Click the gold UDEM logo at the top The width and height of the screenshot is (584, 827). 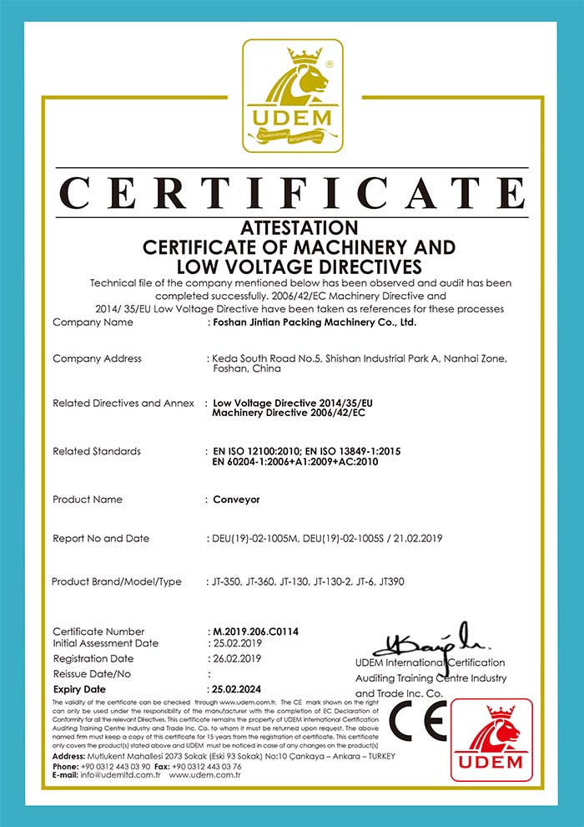tap(292, 96)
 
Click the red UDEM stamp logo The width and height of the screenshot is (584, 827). tap(498, 740)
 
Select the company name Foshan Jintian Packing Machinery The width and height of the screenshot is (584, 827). tap(314, 322)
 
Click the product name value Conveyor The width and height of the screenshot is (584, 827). tap(237, 500)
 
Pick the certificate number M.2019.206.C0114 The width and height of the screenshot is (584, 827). tap(252, 632)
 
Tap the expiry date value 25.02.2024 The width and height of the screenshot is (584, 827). tap(238, 689)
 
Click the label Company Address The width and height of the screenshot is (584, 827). tap(97, 358)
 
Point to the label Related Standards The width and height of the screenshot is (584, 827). tap(97, 451)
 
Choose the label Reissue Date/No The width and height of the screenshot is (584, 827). tap(92, 674)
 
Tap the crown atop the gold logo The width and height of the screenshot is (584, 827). tap(305, 58)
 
